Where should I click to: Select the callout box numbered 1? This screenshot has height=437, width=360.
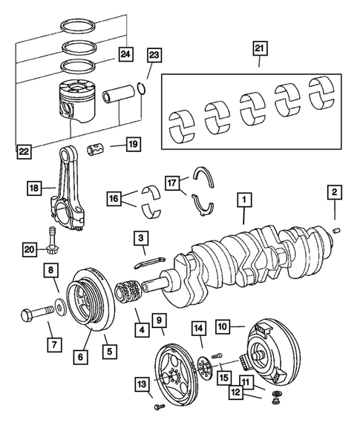point(243,200)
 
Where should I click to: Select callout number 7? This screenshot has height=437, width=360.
point(53,344)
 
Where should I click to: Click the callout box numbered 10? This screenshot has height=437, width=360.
point(223,325)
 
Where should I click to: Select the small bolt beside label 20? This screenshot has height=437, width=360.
point(51,234)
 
